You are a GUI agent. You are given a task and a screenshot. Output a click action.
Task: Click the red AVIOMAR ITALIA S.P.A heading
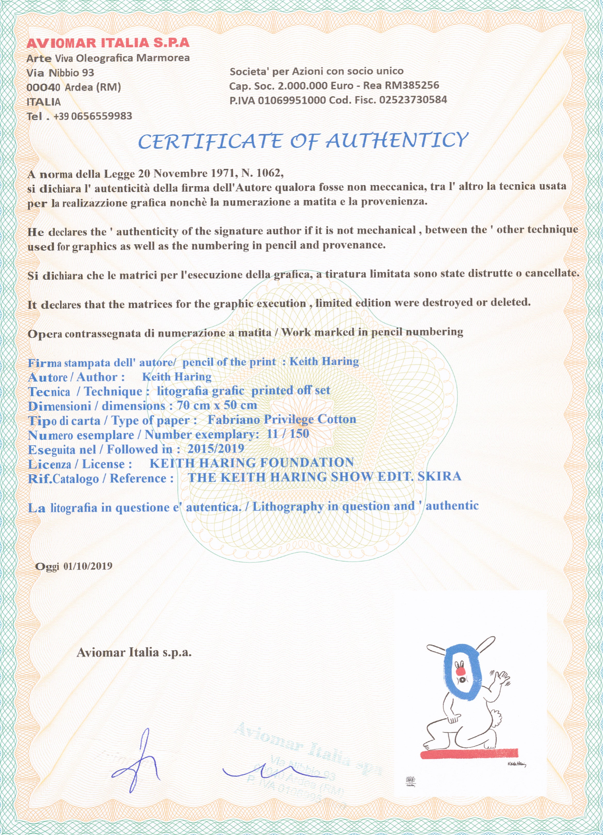pyautogui.click(x=108, y=43)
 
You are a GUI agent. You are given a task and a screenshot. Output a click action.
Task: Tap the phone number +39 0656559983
pyautogui.click(x=93, y=116)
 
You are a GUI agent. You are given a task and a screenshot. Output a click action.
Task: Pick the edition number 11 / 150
pyautogui.click(x=288, y=434)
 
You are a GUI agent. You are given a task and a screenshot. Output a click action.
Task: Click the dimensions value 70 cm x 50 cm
pyautogui.click(x=217, y=405)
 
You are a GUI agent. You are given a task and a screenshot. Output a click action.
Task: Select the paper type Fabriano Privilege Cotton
pyautogui.click(x=282, y=419)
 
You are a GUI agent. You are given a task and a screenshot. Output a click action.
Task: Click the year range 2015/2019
pyautogui.click(x=216, y=449)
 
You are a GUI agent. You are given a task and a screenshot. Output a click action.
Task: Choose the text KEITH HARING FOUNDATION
pyautogui.click(x=251, y=463)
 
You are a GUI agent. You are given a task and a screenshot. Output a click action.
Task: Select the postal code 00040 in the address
pyautogui.click(x=43, y=88)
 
